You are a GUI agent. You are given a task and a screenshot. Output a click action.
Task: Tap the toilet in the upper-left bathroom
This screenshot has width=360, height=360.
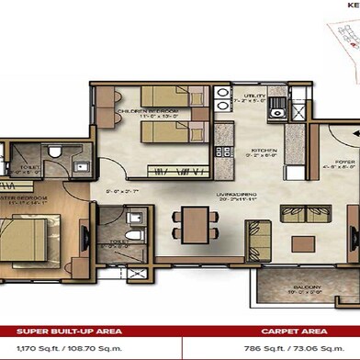point(56,152)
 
